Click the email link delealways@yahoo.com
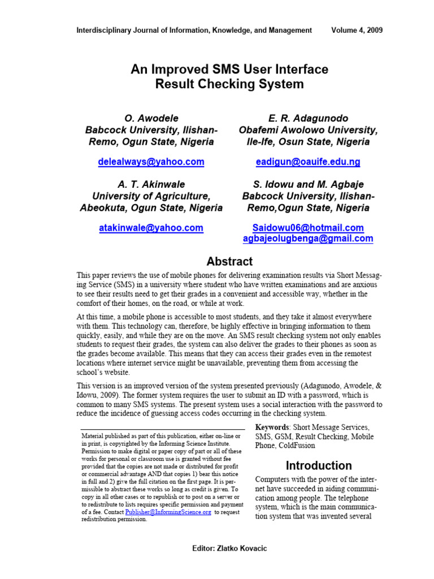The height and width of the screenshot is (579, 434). pos(151,162)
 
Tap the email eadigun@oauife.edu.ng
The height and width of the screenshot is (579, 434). pos(308,162)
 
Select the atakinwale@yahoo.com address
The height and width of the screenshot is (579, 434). pos(151,228)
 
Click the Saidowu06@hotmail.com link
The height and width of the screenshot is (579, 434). pos(308,228)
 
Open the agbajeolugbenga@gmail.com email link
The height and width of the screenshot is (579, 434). pos(308,239)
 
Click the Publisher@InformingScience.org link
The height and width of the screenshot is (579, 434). pos(168,512)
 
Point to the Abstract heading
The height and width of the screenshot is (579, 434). pos(229,261)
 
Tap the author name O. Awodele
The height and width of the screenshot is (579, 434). pos(151,118)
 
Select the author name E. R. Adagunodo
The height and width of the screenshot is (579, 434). pos(308,118)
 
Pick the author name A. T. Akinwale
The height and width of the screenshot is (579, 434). pos(151,184)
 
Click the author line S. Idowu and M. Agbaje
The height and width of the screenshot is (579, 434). pos(308,184)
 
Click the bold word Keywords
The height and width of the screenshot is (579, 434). pos(274,427)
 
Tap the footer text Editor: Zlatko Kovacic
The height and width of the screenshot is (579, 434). pos(229,549)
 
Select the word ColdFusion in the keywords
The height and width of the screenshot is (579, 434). pos(300,446)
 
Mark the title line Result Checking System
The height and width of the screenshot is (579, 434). pos(229,85)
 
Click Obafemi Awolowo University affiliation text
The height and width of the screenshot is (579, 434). pos(308,130)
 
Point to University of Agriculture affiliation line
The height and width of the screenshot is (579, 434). pos(151,196)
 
